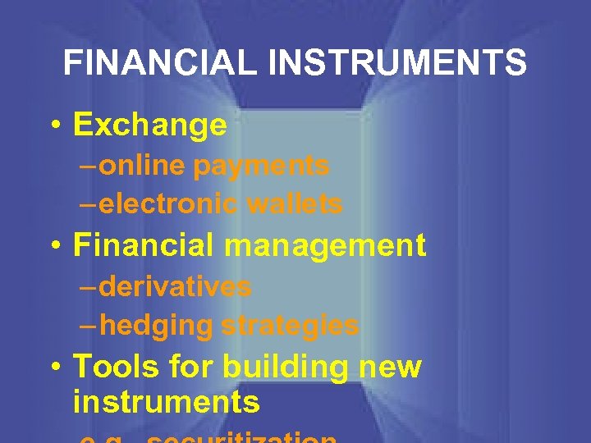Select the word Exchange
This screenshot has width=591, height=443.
tap(149, 125)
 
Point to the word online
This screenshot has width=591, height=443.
tap(144, 166)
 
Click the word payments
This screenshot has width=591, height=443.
tap(261, 166)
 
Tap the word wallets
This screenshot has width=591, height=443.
tap(295, 203)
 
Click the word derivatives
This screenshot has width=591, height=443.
tap(175, 287)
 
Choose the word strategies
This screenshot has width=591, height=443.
tap(291, 326)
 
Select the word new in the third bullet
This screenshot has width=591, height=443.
tap(390, 367)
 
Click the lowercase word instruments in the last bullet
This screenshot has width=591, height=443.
tap(166, 402)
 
